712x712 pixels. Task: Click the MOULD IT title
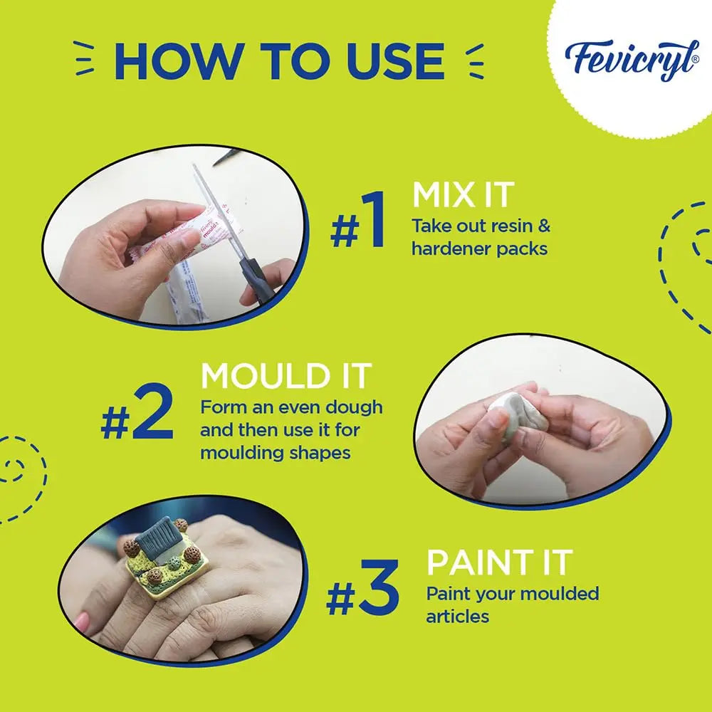[x=286, y=376]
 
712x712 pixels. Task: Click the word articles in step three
[x=457, y=616]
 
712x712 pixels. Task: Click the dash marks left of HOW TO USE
[x=85, y=60]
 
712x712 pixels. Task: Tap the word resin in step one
[x=509, y=227]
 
